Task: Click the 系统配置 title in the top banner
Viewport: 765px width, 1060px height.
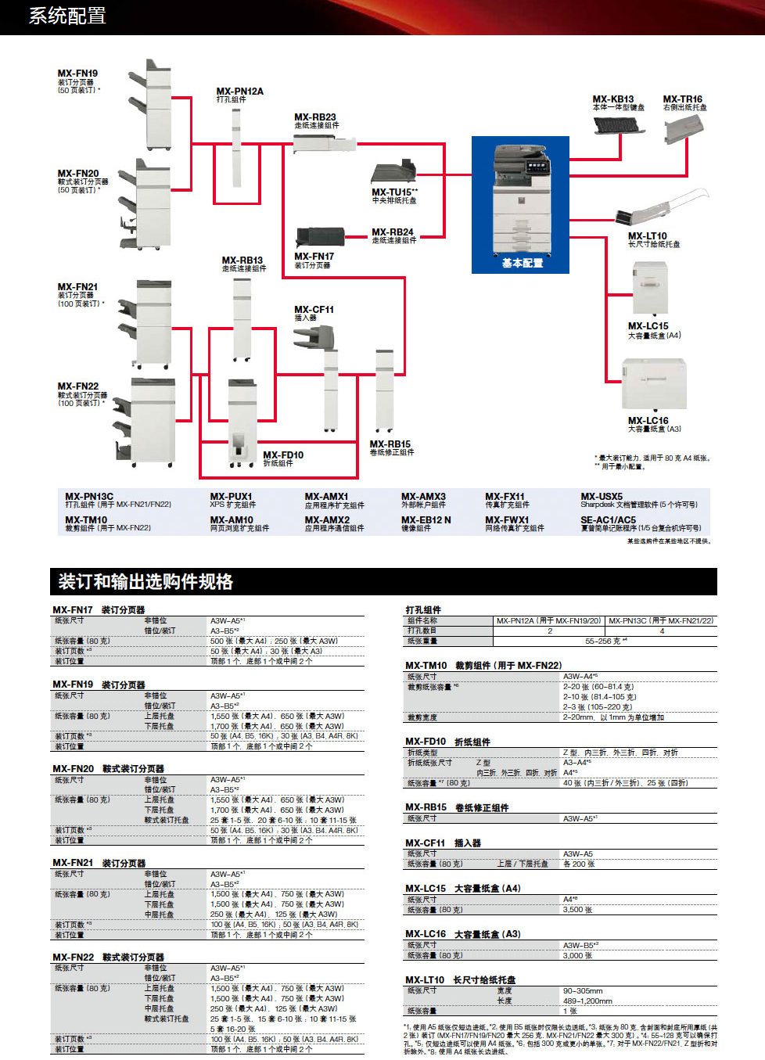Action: click(67, 16)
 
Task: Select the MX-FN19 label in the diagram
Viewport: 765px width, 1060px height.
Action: click(77, 74)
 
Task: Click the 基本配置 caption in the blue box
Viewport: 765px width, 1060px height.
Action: click(523, 263)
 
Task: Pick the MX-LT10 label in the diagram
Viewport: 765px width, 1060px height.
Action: click(647, 235)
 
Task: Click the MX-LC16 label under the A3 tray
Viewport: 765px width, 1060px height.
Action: click(648, 420)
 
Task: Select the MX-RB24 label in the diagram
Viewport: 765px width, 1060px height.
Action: click(393, 232)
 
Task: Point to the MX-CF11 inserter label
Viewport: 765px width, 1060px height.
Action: click(314, 309)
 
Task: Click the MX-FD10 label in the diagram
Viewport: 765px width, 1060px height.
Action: click(283, 455)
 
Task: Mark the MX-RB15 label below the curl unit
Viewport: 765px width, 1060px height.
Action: click(390, 444)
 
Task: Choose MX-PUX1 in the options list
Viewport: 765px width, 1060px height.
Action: click(231, 496)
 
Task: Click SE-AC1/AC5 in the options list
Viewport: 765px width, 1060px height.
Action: click(608, 519)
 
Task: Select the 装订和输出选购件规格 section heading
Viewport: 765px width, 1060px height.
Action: click(145, 581)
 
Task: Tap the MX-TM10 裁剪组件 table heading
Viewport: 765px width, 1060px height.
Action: click(483, 665)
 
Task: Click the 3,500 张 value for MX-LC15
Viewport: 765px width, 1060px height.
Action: click(577, 910)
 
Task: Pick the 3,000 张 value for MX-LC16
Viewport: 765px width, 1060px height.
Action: click(577, 955)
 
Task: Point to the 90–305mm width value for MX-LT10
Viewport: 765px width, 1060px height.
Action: click(583, 990)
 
